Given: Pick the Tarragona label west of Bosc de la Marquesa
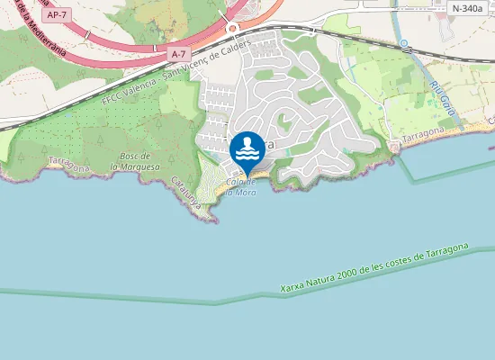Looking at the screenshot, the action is pyautogui.click(x=68, y=164).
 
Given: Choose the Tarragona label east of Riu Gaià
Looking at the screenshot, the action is pyautogui.click(x=424, y=134).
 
